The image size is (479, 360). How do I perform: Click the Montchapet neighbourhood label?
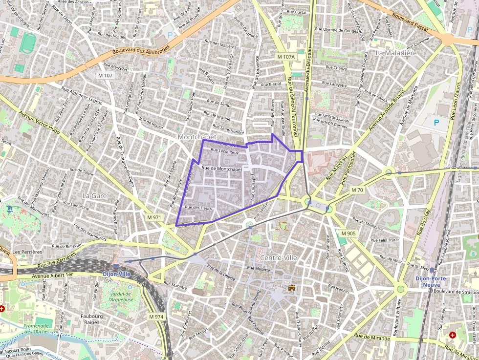point(197,137)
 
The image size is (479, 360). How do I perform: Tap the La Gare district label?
point(94,195)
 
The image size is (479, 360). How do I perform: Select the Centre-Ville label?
point(279,257)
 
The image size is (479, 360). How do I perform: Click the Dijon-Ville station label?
point(117,274)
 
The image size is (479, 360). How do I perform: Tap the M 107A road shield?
point(286,57)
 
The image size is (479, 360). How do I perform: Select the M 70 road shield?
point(357,190)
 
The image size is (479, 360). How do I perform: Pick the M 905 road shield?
point(348,233)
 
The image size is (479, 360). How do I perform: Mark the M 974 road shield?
point(156,317)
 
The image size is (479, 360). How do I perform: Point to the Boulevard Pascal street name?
point(410,23)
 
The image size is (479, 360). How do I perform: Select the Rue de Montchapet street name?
point(222,169)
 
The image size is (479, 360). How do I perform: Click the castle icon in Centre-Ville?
point(292,288)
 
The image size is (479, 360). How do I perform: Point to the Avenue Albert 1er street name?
point(52,275)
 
